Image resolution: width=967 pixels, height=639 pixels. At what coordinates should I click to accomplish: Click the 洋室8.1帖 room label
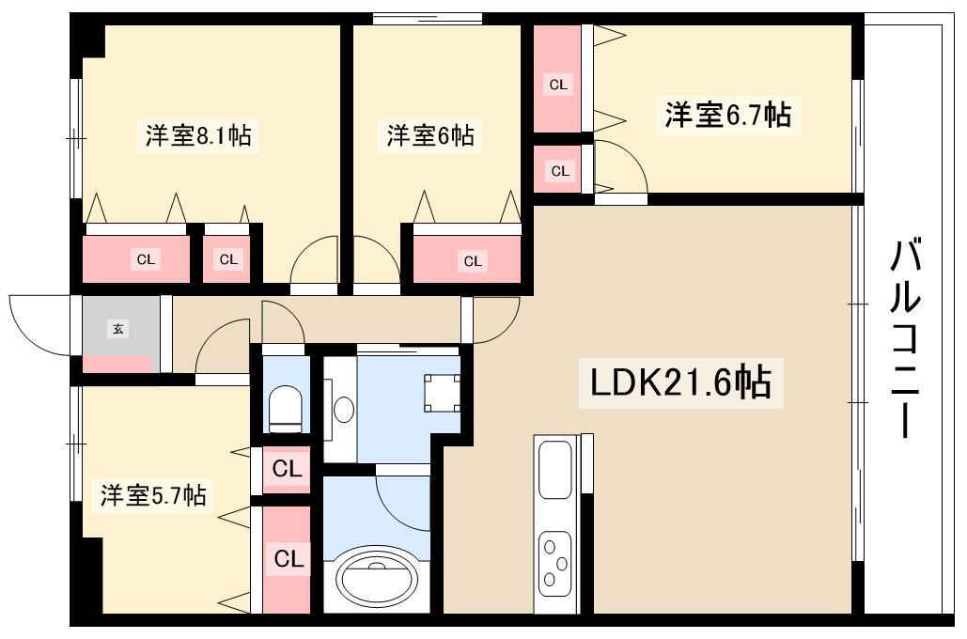[198, 135]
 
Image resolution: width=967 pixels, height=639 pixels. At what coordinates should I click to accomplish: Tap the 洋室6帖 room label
[430, 135]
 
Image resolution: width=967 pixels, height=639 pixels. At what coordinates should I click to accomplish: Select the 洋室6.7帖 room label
[727, 115]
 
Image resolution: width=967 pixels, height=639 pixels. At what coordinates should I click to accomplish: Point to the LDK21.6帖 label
[680, 383]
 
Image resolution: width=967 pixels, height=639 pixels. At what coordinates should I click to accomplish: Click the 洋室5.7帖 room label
[153, 494]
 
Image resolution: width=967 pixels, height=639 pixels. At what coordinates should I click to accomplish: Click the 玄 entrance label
[117, 329]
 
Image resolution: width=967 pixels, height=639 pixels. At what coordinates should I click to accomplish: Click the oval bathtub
[376, 578]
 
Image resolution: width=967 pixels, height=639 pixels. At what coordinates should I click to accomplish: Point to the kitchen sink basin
[555, 469]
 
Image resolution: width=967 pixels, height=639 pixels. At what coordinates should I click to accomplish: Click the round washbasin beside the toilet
[343, 409]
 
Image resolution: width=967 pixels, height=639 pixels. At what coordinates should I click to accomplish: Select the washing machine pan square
[443, 393]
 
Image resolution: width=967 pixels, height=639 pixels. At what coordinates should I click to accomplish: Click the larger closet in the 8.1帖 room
[136, 259]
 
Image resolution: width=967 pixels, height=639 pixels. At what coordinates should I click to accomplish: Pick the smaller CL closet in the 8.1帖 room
[227, 259]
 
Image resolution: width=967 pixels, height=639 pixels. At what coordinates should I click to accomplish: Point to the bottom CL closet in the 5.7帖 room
[287, 559]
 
